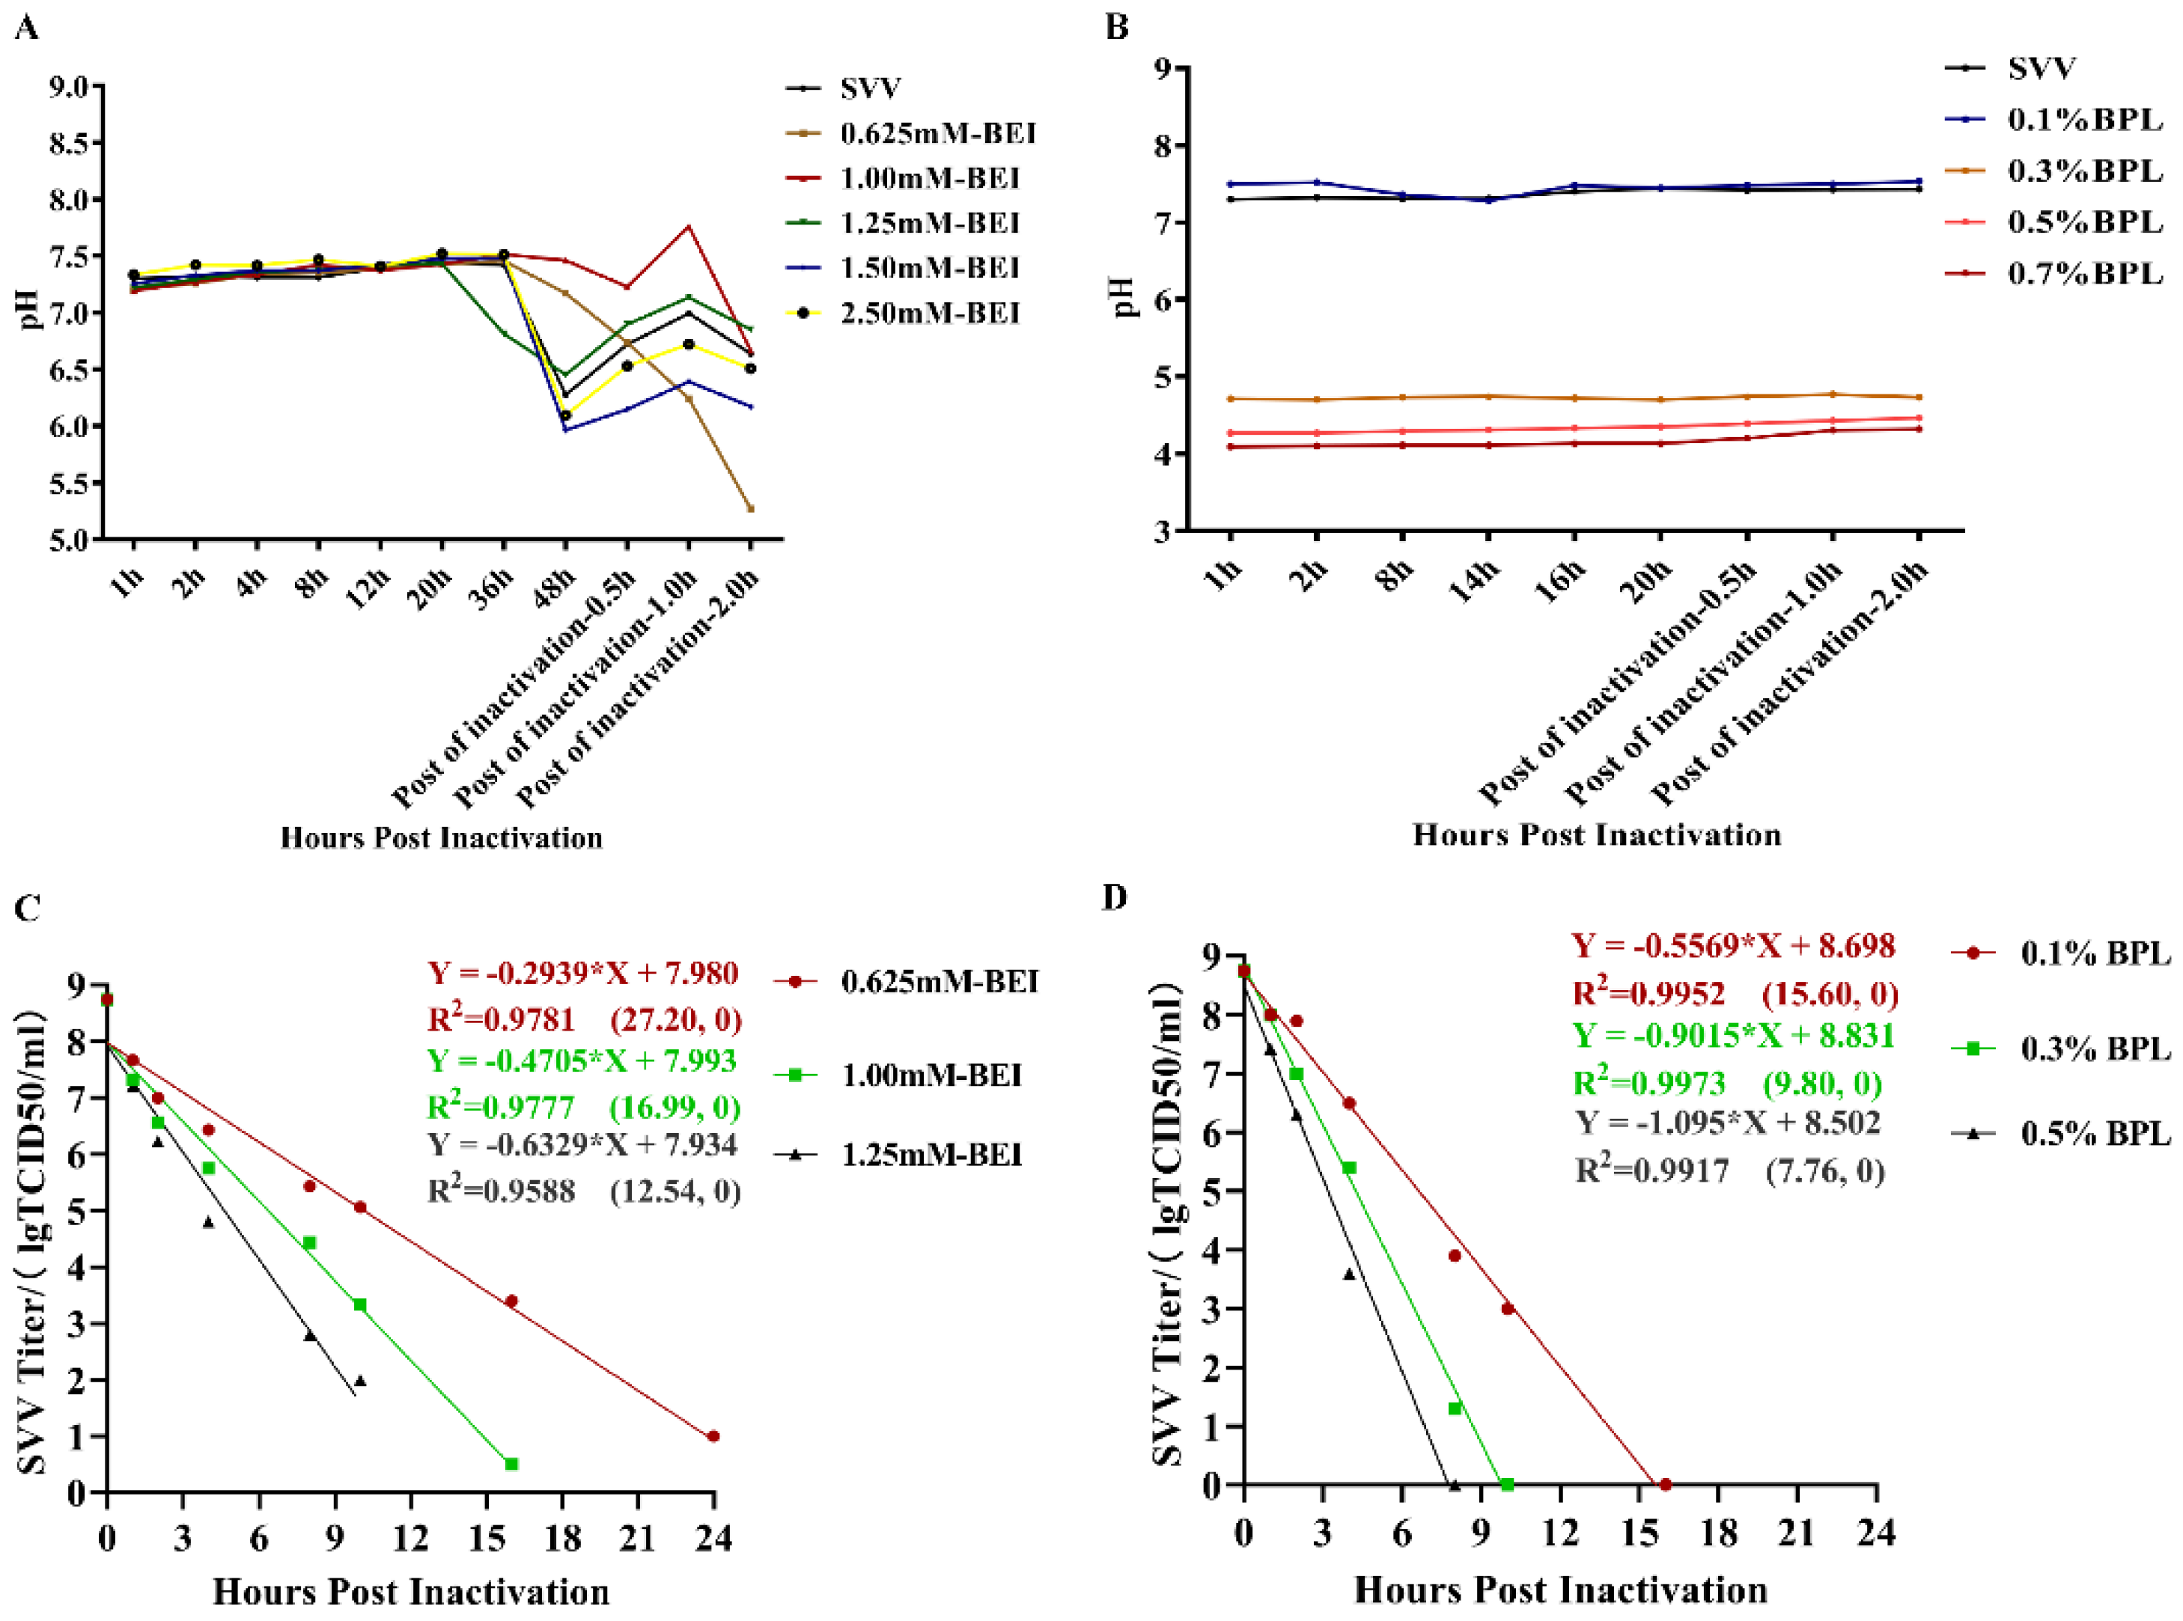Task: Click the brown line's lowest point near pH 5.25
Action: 751,508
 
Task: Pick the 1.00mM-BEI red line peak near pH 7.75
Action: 689,227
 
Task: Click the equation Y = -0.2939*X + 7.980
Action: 582,974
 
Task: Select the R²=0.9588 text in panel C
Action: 501,1191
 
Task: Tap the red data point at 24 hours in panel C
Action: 713,1437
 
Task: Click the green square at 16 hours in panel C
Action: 511,1464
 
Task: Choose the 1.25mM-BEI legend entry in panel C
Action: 931,1155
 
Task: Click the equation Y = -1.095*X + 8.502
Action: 1728,1123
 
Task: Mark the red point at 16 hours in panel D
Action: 1665,1485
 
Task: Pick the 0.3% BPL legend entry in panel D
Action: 2095,1049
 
